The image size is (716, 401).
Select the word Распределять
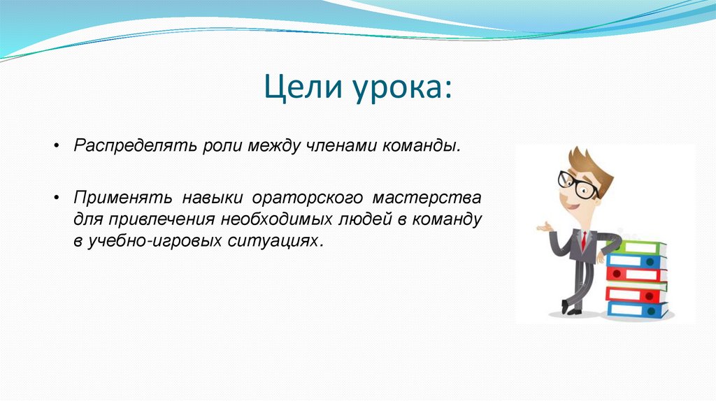[136, 146]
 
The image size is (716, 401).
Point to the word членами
[341, 146]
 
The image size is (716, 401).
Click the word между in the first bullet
[274, 147]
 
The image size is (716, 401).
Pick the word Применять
[123, 198]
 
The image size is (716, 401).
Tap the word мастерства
[427, 198]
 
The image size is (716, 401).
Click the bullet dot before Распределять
[57, 146]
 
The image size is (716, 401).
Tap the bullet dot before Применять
[57, 198]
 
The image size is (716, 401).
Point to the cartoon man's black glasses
[578, 184]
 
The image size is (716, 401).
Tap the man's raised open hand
[544, 227]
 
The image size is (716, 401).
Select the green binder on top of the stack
[638, 248]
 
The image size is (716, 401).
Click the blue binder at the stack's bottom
[637, 309]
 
